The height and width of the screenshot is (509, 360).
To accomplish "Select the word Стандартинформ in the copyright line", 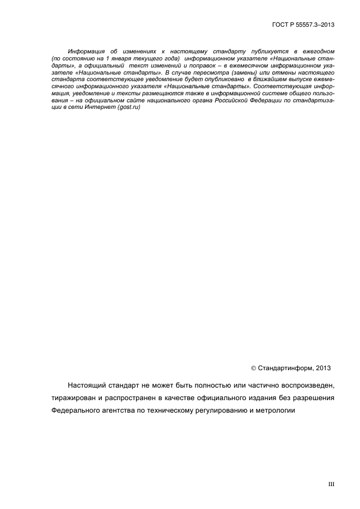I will point(282,367).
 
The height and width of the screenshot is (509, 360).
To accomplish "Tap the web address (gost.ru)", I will point(129,107).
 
